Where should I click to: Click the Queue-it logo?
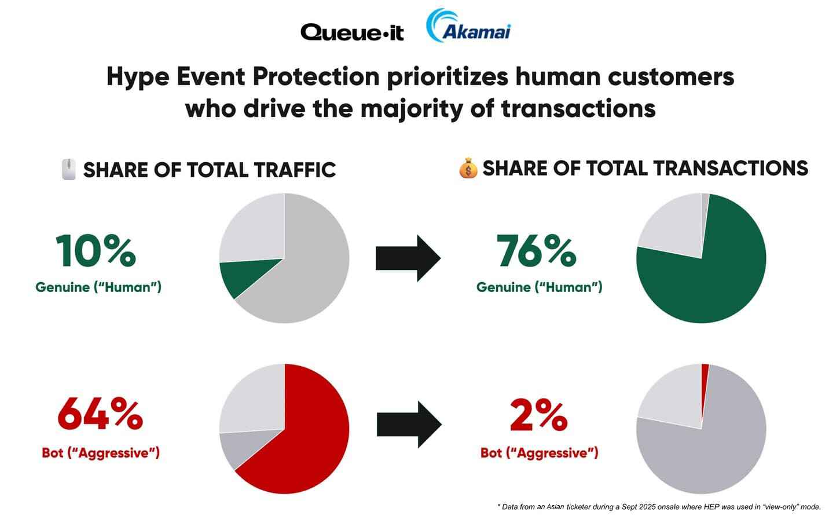click(x=352, y=32)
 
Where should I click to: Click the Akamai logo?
click(x=468, y=27)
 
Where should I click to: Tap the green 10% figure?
click(x=96, y=251)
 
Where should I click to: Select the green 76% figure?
click(x=537, y=251)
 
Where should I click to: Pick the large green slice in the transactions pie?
click(x=712, y=278)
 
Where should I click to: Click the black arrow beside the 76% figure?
click(x=408, y=258)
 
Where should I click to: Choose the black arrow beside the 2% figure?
click(x=409, y=425)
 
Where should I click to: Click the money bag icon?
click(x=468, y=169)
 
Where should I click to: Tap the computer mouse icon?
click(x=69, y=169)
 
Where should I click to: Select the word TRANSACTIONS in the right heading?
click(x=731, y=168)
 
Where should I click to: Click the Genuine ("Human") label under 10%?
click(x=98, y=287)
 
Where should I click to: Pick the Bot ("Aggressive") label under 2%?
click(x=539, y=452)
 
